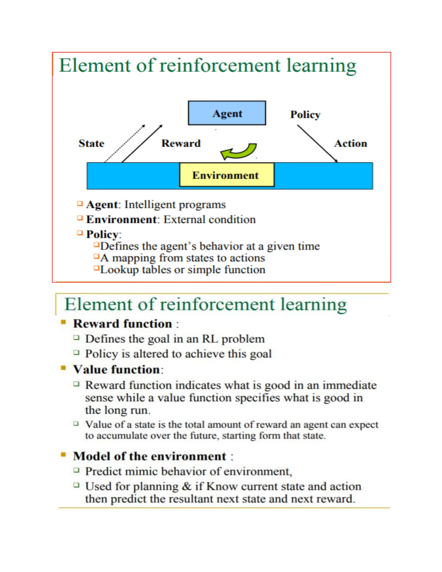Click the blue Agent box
(227, 113)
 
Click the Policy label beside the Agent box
(305, 115)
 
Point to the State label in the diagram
(91, 143)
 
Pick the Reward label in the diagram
(181, 143)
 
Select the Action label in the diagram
(351, 143)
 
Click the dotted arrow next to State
(125, 144)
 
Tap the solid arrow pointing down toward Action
(317, 143)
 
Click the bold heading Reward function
(123, 324)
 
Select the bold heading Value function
(117, 370)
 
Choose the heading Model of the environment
(150, 456)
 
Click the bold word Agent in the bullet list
(102, 205)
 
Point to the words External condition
(210, 220)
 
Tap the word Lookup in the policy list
(119, 270)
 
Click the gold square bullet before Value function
(63, 368)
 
